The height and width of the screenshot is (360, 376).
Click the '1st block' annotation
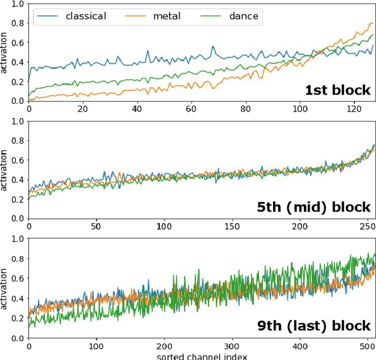[337, 90]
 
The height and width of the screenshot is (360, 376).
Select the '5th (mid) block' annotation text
[314, 207]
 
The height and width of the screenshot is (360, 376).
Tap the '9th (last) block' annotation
[314, 325]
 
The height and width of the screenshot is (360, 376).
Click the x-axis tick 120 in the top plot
[354, 109]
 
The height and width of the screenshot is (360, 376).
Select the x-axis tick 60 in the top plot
[191, 109]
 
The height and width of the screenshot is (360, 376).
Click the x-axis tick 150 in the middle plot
[232, 226]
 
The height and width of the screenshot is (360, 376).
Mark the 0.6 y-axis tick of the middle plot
[18, 160]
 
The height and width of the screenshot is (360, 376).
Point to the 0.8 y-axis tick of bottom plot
[18, 258]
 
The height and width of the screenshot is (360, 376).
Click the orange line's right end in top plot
[372, 23]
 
